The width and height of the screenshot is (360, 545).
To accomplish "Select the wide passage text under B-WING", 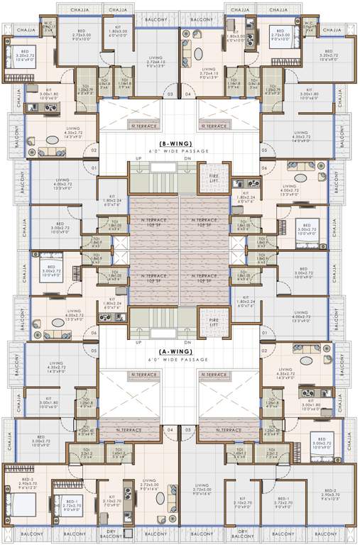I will point(180,151).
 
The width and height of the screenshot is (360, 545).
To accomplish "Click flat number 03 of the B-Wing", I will point(170,94).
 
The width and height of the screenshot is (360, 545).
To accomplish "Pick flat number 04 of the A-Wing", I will point(170,429).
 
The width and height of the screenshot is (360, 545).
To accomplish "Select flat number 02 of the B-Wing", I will point(92,150).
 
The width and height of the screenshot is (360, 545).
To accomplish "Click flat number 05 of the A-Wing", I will point(92,351).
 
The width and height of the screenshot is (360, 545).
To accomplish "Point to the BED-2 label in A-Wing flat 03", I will point(329,490).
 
